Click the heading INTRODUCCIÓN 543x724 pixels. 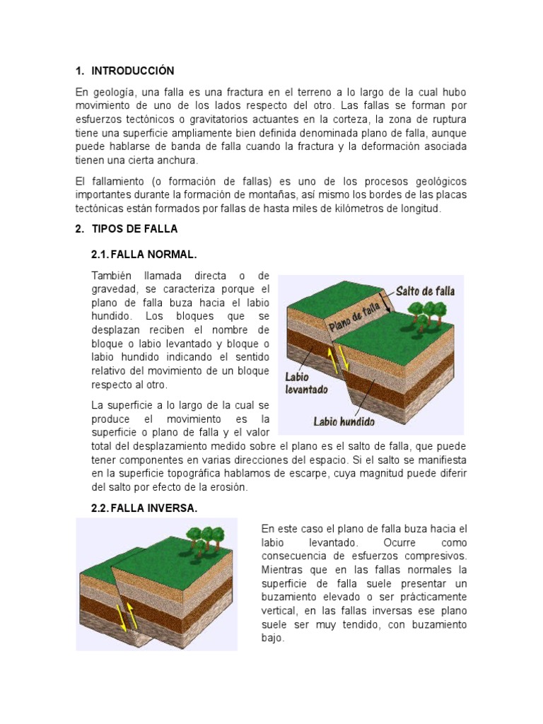tap(132, 71)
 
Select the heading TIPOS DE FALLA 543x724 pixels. tap(135, 228)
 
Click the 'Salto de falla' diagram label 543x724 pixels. tap(425, 291)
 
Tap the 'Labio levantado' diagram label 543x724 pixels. tap(307, 383)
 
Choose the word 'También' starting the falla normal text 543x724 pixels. tap(113, 275)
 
